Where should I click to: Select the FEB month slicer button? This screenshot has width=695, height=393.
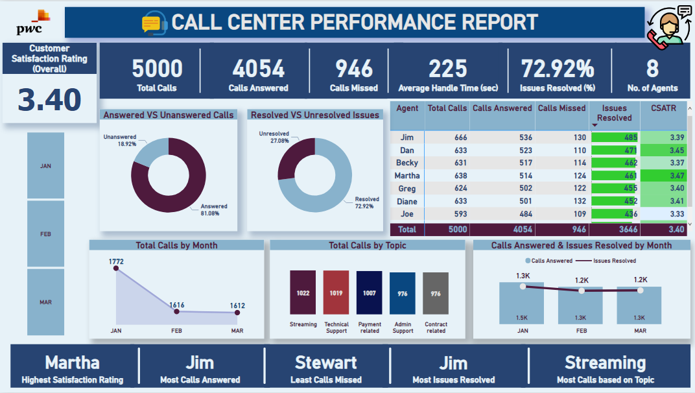click(x=45, y=233)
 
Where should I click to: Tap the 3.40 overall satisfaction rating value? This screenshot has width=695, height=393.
click(x=49, y=99)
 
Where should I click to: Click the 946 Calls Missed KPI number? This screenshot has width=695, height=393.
click(x=354, y=69)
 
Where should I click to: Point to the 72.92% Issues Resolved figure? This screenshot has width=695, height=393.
click(x=557, y=69)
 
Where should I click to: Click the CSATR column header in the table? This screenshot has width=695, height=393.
click(x=663, y=108)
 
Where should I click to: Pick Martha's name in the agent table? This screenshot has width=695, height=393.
click(x=407, y=176)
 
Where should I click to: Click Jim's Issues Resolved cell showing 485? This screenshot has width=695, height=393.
click(x=614, y=137)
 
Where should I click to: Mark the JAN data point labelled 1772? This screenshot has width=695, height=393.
click(x=117, y=270)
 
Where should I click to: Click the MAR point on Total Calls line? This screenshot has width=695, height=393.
click(x=237, y=313)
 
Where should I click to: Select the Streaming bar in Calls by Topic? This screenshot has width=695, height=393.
click(x=303, y=292)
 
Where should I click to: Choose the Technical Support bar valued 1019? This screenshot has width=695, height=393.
click(x=336, y=292)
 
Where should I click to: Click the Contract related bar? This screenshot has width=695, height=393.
click(x=436, y=293)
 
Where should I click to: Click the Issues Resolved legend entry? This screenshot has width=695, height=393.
click(x=613, y=261)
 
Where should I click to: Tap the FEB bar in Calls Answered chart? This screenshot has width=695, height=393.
click(x=582, y=305)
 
